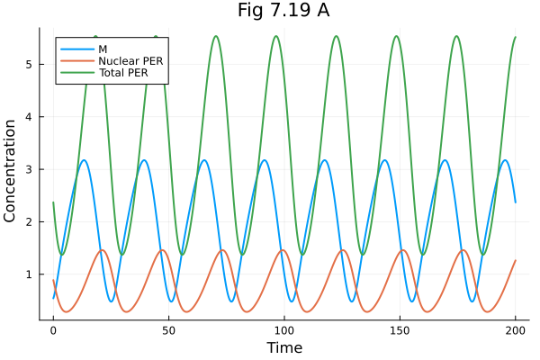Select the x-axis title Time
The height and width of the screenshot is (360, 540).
(x=283, y=347)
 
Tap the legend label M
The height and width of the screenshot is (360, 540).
(x=103, y=47)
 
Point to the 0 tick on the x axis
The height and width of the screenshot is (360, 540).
(x=53, y=330)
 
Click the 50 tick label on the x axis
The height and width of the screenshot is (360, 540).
(x=168, y=330)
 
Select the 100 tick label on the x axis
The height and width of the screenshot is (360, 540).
(x=284, y=330)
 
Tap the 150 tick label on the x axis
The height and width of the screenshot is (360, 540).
(x=400, y=330)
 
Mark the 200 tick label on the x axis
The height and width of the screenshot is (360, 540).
(x=515, y=330)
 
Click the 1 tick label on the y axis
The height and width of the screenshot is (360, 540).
(x=31, y=274)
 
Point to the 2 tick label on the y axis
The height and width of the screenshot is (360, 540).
(x=31, y=221)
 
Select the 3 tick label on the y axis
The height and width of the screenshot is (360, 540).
(x=31, y=169)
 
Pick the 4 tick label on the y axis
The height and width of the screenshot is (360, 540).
(x=31, y=117)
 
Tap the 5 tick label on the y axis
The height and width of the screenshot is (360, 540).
(x=31, y=65)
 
